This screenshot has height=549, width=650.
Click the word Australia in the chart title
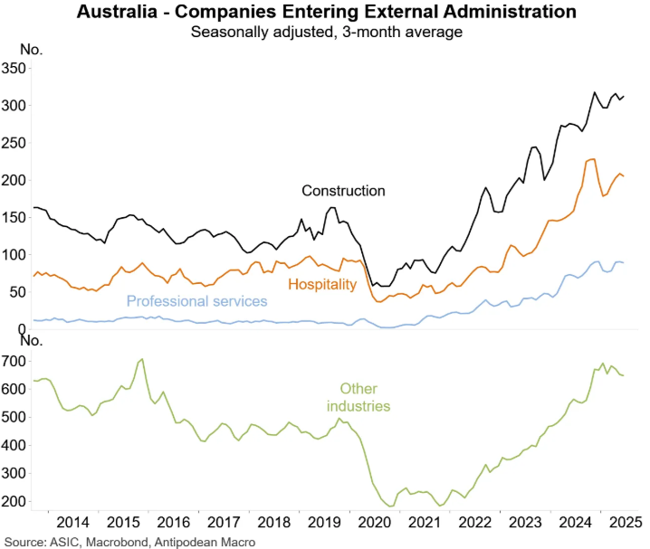[x=117, y=13]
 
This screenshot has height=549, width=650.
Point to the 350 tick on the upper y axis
[x=14, y=68]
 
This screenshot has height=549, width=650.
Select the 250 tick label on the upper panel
[x=14, y=143]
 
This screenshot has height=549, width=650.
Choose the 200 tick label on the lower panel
[x=14, y=501]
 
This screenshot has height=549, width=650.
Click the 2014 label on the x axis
[x=72, y=523]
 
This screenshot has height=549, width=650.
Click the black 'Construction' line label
[x=343, y=191]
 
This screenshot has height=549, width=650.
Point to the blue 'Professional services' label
[x=196, y=300]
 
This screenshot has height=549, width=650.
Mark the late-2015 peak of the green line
[x=141, y=360]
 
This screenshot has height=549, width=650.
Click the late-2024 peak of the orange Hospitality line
[x=590, y=159]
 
